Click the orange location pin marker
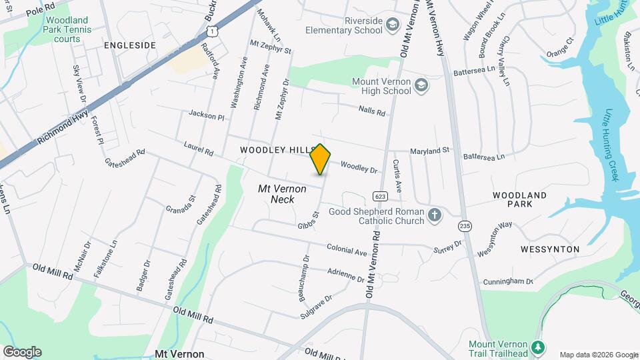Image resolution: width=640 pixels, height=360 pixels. tap(321, 159)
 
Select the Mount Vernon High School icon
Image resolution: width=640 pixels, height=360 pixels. tap(421, 85)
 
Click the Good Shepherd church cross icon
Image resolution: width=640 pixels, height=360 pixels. tap(435, 215)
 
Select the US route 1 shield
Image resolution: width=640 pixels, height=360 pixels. tap(211, 31)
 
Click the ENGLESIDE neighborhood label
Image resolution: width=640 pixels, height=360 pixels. tap(129, 45)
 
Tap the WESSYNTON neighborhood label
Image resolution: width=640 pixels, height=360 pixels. tap(551, 249)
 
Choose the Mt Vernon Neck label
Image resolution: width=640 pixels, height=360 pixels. tap(282, 194)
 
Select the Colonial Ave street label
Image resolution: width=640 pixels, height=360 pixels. tap(347, 251)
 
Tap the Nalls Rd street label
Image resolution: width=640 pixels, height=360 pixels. tap(372, 111)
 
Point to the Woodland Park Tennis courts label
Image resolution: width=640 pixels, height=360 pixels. tap(63, 30)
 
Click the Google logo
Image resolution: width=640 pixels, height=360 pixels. tap(22, 351)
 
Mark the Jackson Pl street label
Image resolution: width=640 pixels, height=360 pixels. tap(206, 115)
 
